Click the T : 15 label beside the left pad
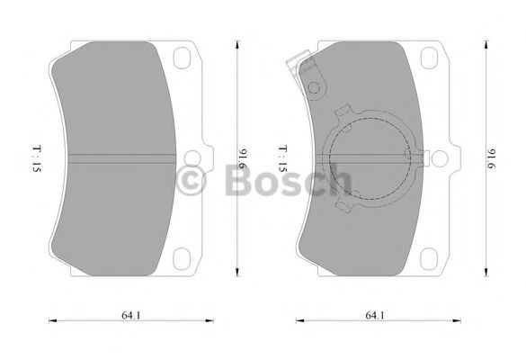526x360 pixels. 33,160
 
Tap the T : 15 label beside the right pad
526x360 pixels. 281,160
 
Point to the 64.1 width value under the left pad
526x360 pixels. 130,314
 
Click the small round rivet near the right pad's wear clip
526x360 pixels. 314,88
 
